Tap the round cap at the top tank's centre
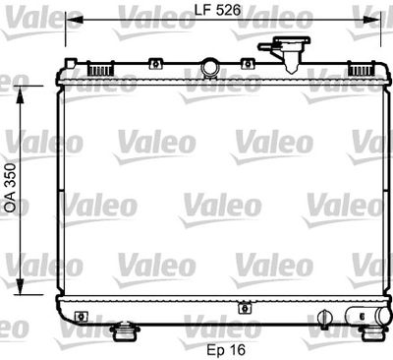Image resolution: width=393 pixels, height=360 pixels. point(209,68)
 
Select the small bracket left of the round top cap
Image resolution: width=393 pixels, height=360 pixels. point(153,65)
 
